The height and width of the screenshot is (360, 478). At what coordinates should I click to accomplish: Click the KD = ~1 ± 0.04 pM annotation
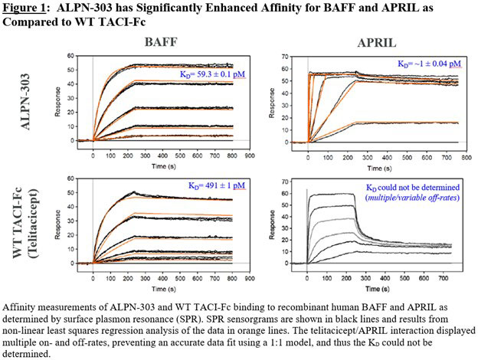[x=428, y=64]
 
